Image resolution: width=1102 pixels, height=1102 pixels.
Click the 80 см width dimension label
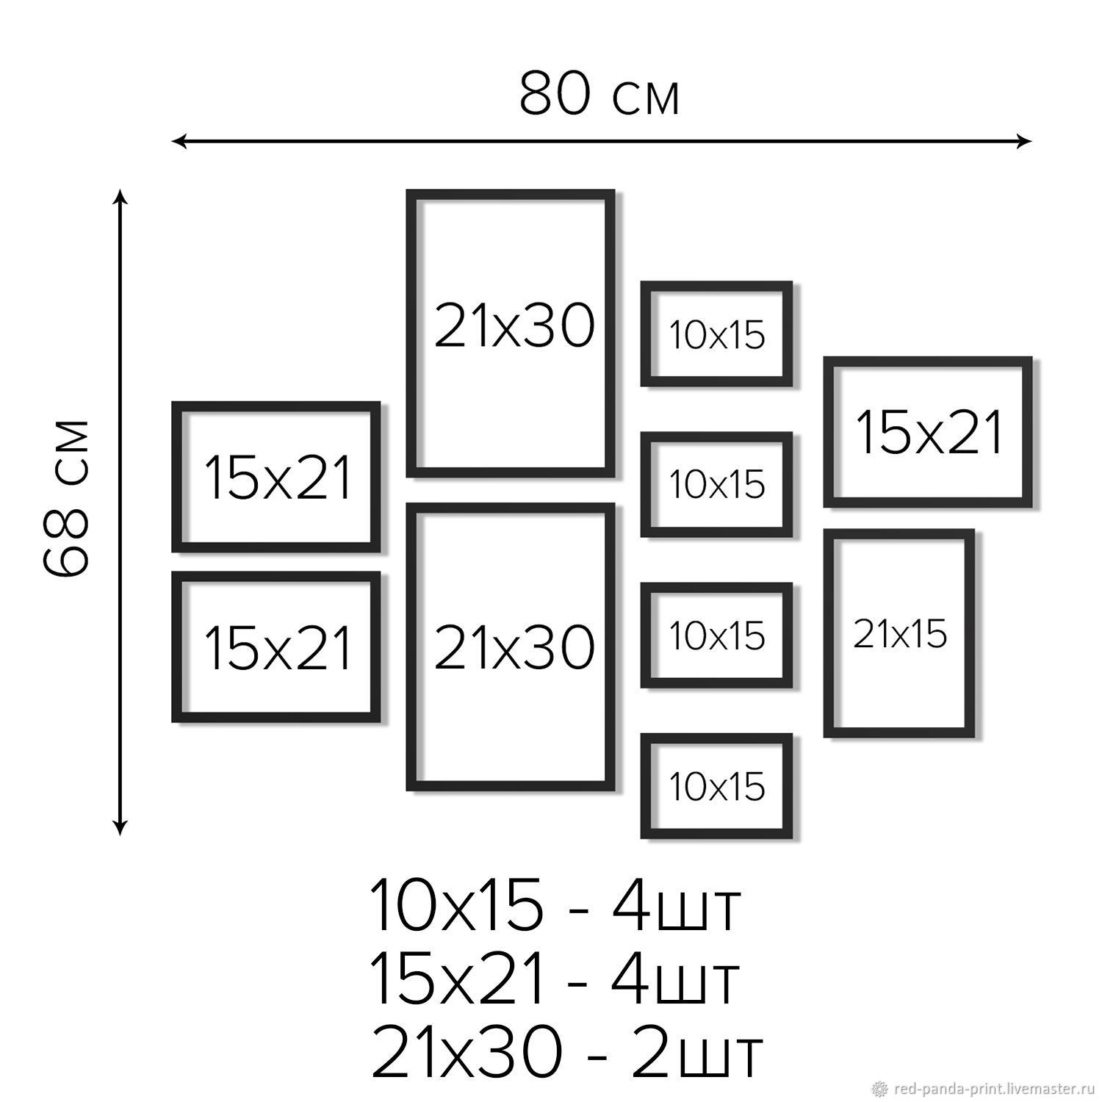(599, 94)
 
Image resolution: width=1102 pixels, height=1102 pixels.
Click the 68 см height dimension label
(65, 498)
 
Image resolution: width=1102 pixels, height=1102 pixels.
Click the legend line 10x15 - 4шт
(555, 905)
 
